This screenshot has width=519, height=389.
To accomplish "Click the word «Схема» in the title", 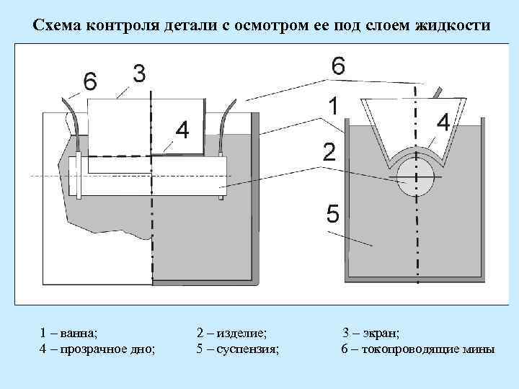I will pos(57,26).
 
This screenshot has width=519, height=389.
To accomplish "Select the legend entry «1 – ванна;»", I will pos(69,334).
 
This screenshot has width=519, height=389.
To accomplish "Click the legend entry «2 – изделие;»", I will pos(231,334).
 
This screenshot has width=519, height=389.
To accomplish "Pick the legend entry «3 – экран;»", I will pos(371,334).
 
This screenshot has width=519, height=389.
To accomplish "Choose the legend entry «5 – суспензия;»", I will pos(238,349).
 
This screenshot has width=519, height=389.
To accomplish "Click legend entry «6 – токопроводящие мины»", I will pos(417,349).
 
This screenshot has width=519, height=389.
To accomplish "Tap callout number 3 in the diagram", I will pos(140,73).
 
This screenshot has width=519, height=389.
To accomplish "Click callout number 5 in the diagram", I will pos(332,214).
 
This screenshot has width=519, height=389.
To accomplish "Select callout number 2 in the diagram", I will pos(329,153).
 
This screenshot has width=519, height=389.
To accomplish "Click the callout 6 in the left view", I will pos(89,82).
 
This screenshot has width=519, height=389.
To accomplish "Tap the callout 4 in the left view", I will pos(182,130).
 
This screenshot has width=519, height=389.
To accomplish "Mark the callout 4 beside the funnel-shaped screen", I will pos(443,123).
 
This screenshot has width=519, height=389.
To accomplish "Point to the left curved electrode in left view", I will pos(73,122).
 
